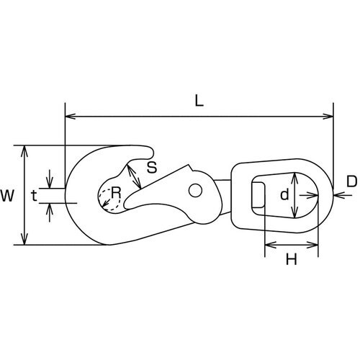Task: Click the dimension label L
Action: tap(199, 101)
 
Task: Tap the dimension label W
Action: tap(7, 195)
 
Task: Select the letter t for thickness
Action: tap(34, 196)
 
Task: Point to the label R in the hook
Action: tap(116, 192)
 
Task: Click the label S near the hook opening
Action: tap(152, 167)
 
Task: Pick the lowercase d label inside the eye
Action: tap(284, 194)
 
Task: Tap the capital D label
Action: tap(352, 181)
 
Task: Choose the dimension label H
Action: tap(292, 259)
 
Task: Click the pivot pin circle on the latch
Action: tap(195, 191)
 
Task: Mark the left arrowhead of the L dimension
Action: tap(70, 117)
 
